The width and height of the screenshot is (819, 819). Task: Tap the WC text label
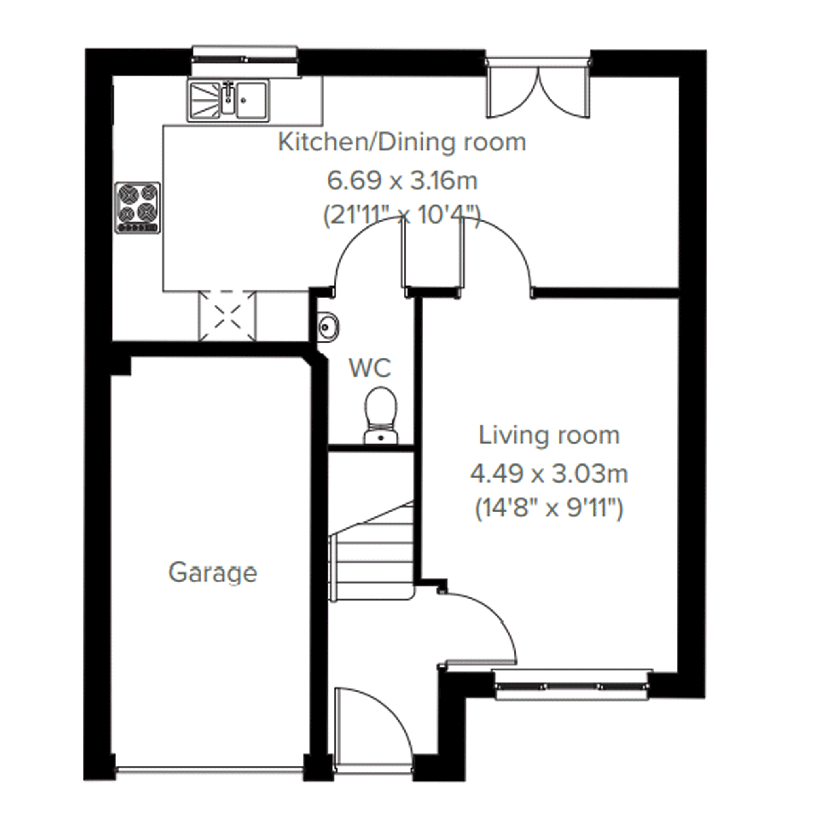pyautogui.click(x=370, y=368)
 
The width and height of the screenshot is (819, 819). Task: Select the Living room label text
pyautogui.click(x=549, y=435)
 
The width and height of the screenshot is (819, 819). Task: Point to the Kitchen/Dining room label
pyautogui.click(x=402, y=142)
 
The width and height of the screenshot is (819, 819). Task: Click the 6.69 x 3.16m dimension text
pyautogui.click(x=402, y=181)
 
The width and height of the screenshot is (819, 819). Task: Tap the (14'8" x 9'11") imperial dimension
pyautogui.click(x=549, y=509)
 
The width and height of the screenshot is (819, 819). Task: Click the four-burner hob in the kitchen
pyautogui.click(x=138, y=207)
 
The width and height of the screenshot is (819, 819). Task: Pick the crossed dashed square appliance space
pyautogui.click(x=227, y=316)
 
